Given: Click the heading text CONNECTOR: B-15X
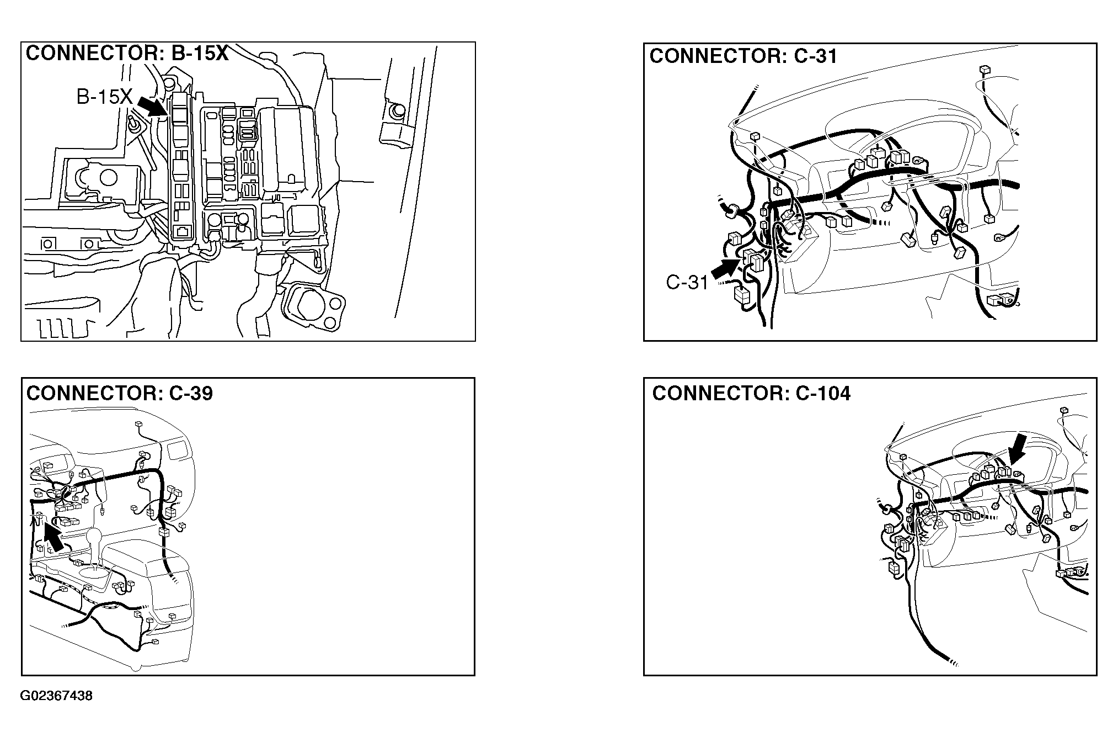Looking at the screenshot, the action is coord(127,54).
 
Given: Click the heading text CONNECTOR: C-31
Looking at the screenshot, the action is coord(743,56).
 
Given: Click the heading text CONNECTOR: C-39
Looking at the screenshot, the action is coord(120,393).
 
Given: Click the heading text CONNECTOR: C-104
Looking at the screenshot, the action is coord(751,393).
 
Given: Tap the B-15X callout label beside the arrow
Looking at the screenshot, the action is coord(104,97).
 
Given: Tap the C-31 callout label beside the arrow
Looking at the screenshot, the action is coord(687,282).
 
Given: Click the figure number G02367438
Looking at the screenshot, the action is coord(57,696).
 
